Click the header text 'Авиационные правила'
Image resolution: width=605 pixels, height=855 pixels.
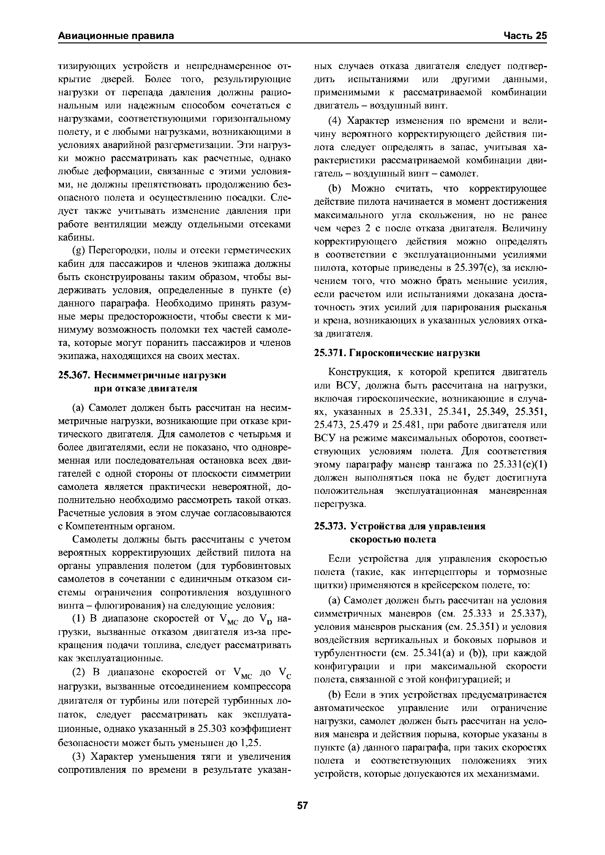(116, 36)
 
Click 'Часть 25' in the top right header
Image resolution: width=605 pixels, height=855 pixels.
(525, 36)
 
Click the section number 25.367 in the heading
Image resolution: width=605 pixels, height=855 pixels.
(73, 375)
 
